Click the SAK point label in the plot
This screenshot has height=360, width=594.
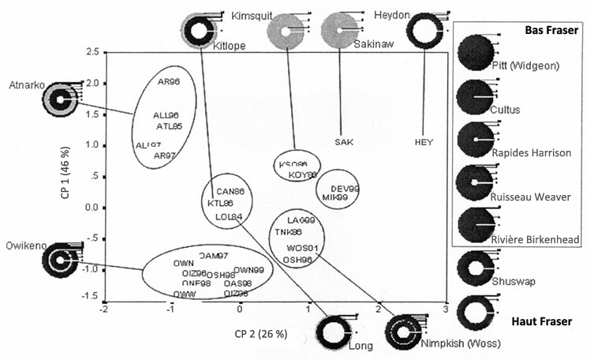point(343,142)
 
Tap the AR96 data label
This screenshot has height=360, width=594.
point(169,81)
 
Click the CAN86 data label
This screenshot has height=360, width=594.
point(230,191)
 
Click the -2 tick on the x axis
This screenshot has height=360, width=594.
point(103,310)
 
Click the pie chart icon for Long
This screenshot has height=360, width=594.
point(335,329)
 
